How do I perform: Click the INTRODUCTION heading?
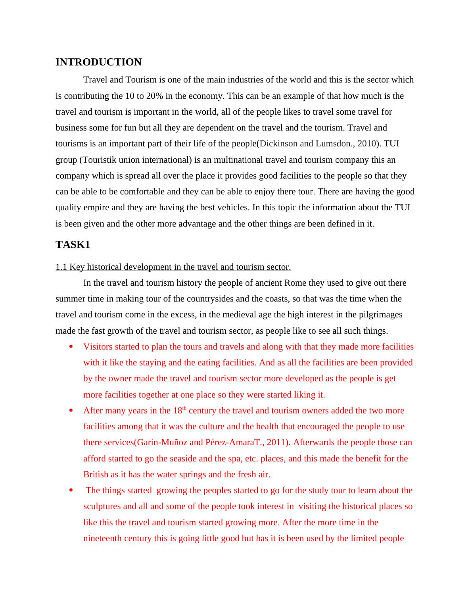(x=98, y=62)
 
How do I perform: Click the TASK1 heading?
(x=73, y=245)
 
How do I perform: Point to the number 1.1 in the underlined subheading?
(x=61, y=267)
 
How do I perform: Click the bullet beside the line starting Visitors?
(x=71, y=347)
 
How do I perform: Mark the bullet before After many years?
(x=71, y=411)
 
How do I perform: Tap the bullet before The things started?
(x=71, y=490)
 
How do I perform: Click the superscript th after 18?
(x=184, y=408)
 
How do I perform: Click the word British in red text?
(x=96, y=475)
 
